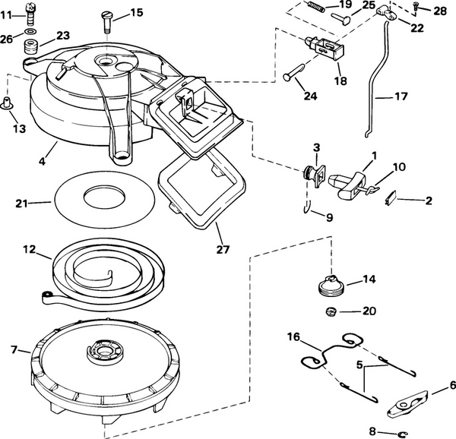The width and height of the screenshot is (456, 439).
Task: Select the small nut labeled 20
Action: click(x=331, y=311)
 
